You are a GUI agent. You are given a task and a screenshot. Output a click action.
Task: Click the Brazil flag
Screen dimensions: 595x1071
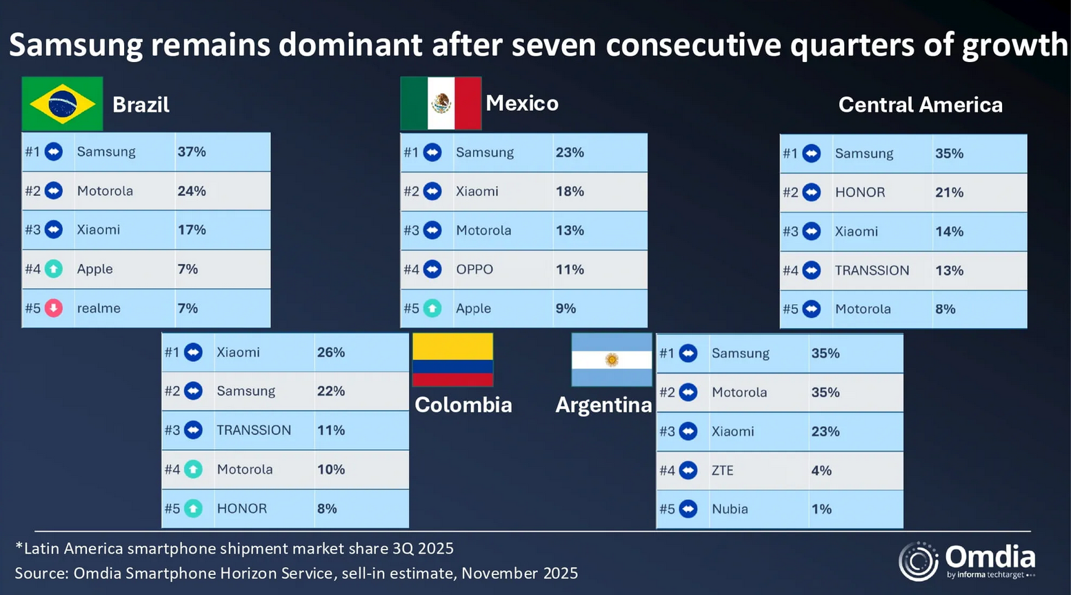[62, 104]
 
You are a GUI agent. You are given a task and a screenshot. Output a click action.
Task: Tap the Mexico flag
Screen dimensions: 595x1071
[441, 103]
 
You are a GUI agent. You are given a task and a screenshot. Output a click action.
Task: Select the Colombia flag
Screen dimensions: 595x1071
[452, 359]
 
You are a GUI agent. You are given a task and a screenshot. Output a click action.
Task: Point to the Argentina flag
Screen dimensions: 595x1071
[612, 359]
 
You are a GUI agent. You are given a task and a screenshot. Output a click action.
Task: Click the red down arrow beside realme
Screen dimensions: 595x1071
[54, 308]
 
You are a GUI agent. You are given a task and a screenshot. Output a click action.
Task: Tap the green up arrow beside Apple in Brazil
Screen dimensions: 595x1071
[54, 269]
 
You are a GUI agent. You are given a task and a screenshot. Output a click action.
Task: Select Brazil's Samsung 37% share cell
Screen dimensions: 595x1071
[192, 152]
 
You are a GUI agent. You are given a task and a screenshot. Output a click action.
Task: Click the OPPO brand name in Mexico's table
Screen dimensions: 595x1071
[474, 270]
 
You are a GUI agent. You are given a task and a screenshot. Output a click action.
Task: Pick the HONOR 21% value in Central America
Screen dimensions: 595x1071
[949, 192]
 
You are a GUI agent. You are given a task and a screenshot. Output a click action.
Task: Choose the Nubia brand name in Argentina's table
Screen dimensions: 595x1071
[730, 509]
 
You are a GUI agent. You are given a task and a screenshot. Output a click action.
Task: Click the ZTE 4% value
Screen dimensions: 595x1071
[821, 470]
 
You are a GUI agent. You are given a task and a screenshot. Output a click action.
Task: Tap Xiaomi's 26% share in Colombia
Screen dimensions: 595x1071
[331, 352]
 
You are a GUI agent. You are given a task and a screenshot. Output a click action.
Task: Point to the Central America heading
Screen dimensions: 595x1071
[920, 105]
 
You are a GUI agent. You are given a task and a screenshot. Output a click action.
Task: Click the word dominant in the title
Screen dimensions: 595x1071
[350, 46]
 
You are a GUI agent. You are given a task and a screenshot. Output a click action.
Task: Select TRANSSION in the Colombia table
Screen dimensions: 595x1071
[254, 430]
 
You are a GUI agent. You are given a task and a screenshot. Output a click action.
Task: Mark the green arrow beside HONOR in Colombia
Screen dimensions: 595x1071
[194, 509]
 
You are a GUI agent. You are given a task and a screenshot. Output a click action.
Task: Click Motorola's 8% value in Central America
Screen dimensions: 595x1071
[945, 309]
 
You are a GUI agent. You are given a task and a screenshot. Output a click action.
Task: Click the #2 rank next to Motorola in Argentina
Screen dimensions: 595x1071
[667, 392]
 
